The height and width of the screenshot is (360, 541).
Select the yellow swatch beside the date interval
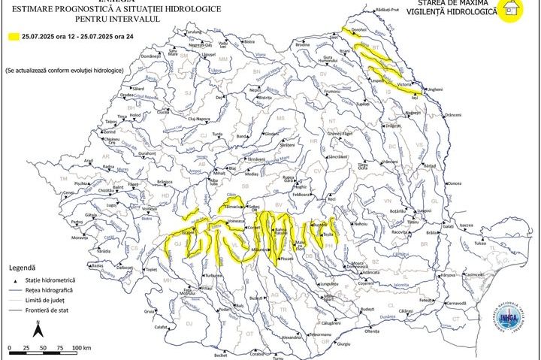14,36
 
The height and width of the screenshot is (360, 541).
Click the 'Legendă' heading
23,268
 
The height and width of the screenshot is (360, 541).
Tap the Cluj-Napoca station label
201,119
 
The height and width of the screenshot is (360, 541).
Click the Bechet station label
220,355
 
